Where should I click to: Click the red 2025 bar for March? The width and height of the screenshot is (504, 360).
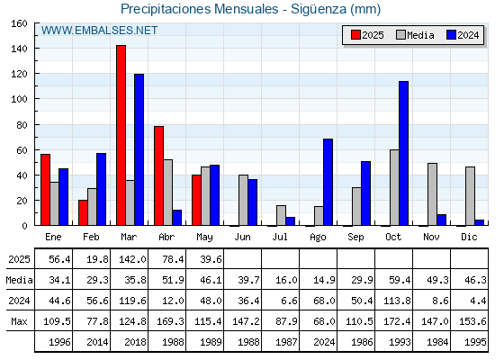(x=121, y=135)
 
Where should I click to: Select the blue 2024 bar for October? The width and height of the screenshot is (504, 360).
(x=404, y=153)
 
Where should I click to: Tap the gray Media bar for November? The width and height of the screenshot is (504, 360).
(x=432, y=194)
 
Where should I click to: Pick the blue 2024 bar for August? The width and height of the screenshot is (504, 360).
(x=328, y=182)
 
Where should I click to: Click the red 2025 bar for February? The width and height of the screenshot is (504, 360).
(x=83, y=212)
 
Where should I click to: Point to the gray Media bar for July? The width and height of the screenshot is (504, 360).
(x=281, y=215)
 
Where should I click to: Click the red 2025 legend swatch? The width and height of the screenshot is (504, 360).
(x=355, y=35)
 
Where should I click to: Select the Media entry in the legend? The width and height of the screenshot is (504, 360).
(x=415, y=35)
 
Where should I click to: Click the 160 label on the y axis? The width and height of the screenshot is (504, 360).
(x=19, y=23)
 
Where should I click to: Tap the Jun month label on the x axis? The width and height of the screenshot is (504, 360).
(x=242, y=238)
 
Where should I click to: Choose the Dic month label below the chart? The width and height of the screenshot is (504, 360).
(x=469, y=238)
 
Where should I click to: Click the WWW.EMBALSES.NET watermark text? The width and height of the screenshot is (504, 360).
(x=99, y=31)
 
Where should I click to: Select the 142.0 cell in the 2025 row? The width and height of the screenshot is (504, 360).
(x=133, y=259)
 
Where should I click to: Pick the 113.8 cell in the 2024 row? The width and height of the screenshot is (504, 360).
(x=397, y=301)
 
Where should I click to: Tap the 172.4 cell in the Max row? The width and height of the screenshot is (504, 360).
(x=397, y=321)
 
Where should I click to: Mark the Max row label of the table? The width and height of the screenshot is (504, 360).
(x=19, y=321)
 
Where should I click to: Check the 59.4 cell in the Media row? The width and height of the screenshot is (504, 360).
(x=400, y=280)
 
